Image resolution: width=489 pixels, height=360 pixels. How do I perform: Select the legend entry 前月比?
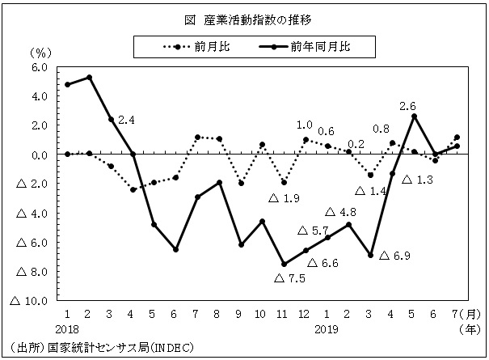(x=213, y=47)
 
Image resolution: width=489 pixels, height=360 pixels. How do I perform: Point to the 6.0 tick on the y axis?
(x=39, y=67)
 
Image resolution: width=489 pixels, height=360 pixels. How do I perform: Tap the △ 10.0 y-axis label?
(x=28, y=300)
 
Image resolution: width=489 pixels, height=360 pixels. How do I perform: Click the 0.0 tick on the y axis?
(x=39, y=155)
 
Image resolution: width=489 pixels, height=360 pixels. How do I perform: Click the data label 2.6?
(x=407, y=106)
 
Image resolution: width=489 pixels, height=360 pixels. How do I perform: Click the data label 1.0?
(x=305, y=125)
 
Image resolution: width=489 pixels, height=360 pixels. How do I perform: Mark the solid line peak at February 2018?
(x=89, y=78)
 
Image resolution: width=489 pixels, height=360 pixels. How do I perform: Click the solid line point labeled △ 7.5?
(x=284, y=264)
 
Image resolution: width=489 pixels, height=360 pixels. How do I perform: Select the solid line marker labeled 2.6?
(x=414, y=116)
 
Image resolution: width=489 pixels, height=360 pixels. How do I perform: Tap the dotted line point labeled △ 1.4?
(x=370, y=175)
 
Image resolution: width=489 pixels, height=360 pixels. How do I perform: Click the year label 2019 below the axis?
(x=327, y=330)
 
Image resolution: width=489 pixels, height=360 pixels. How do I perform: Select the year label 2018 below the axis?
(x=67, y=330)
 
